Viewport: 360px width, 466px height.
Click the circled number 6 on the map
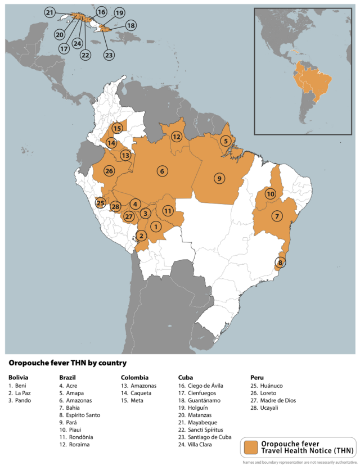point(162,171)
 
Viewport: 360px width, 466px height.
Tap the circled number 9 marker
point(219,178)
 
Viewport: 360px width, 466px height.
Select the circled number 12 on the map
point(177,137)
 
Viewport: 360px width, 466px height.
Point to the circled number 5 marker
point(226,141)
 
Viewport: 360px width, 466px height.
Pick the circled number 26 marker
point(109,171)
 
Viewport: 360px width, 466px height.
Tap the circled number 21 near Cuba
point(50,12)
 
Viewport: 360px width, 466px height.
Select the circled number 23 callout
point(109,55)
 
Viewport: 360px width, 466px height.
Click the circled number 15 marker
point(117,128)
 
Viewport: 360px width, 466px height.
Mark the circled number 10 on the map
point(271,194)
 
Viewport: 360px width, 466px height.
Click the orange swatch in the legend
point(250,447)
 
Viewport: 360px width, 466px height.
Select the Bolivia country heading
point(19,377)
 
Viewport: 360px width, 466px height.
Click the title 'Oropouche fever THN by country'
point(67,363)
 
